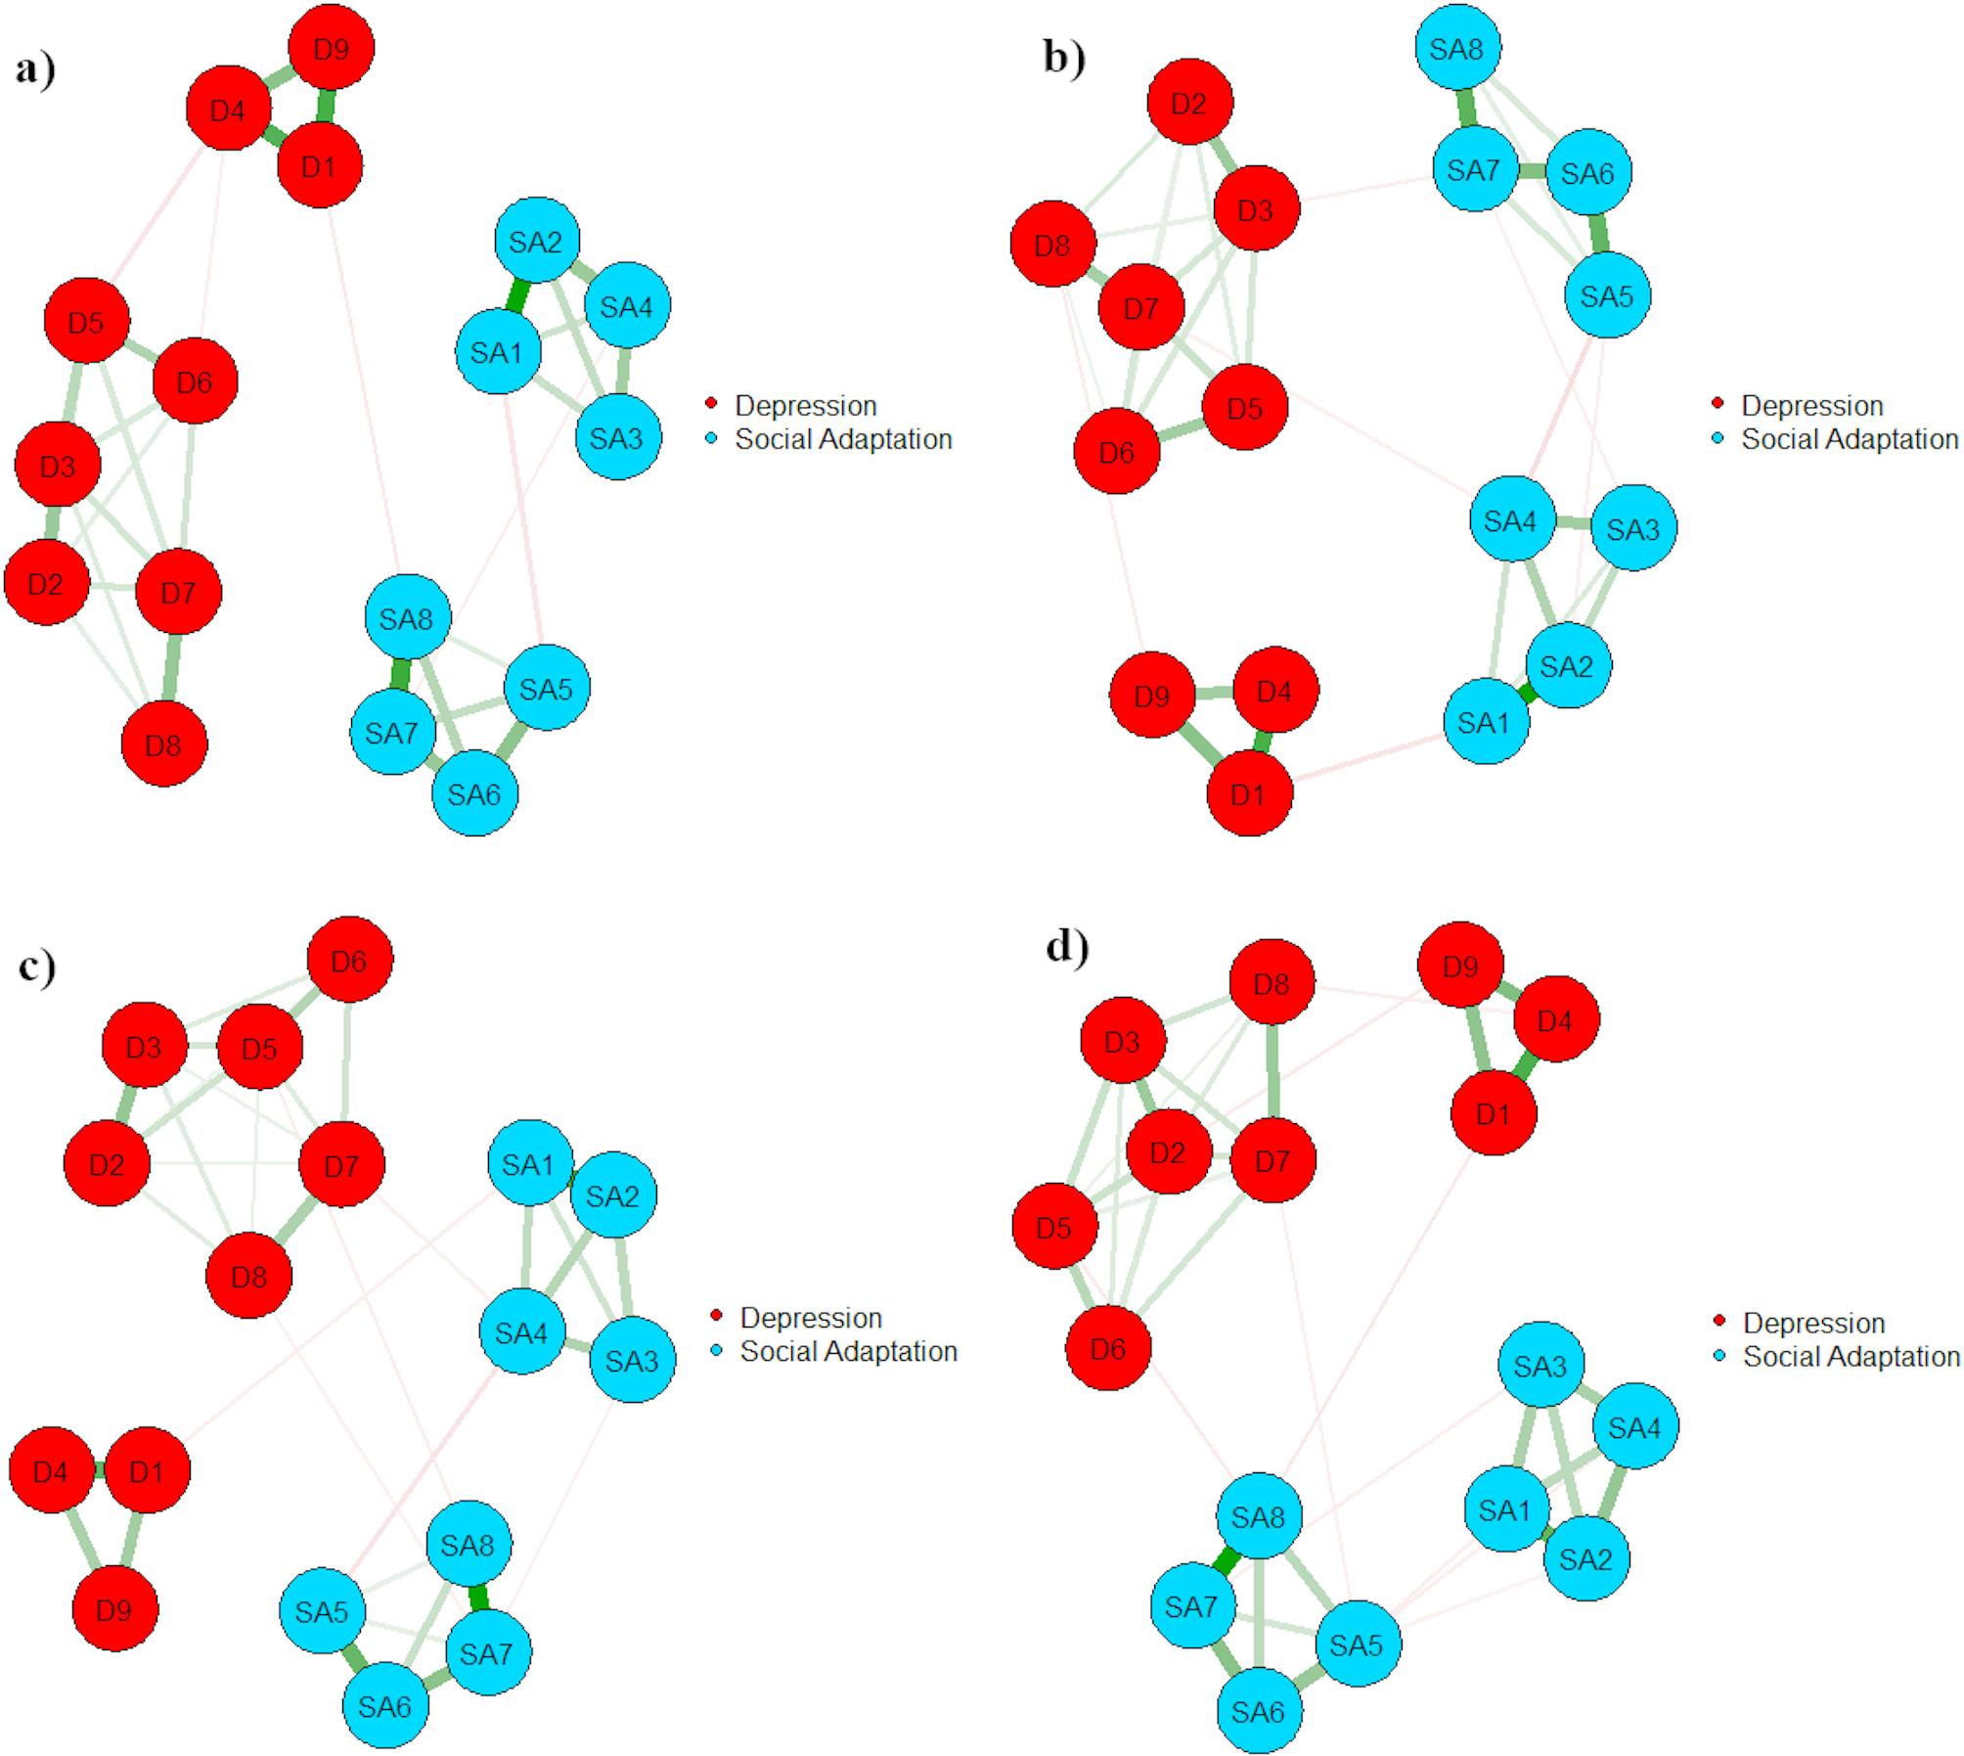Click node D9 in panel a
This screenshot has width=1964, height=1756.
point(332,48)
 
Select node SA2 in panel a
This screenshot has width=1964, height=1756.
point(536,241)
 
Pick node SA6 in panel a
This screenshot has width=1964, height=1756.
point(474,792)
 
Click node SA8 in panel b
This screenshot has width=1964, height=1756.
point(1457,48)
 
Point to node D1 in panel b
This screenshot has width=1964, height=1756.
point(1249,793)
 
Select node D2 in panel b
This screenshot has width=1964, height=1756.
point(1188,103)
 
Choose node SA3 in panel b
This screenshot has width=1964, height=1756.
point(1633,528)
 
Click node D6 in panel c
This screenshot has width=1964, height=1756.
point(350,960)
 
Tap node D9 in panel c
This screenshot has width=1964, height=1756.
point(114,1608)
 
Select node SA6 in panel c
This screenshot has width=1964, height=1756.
point(385,1706)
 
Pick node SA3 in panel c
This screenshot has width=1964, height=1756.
point(632,1360)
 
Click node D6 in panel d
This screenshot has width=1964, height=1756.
point(1108,1349)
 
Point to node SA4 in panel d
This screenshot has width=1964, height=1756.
point(1635,1426)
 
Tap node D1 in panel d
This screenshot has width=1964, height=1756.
point(1494,1113)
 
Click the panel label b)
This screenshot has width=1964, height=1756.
point(1064,59)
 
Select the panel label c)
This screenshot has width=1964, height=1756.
point(37,966)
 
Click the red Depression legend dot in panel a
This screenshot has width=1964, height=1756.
point(712,404)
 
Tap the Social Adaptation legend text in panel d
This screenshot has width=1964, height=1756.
point(1852,1356)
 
